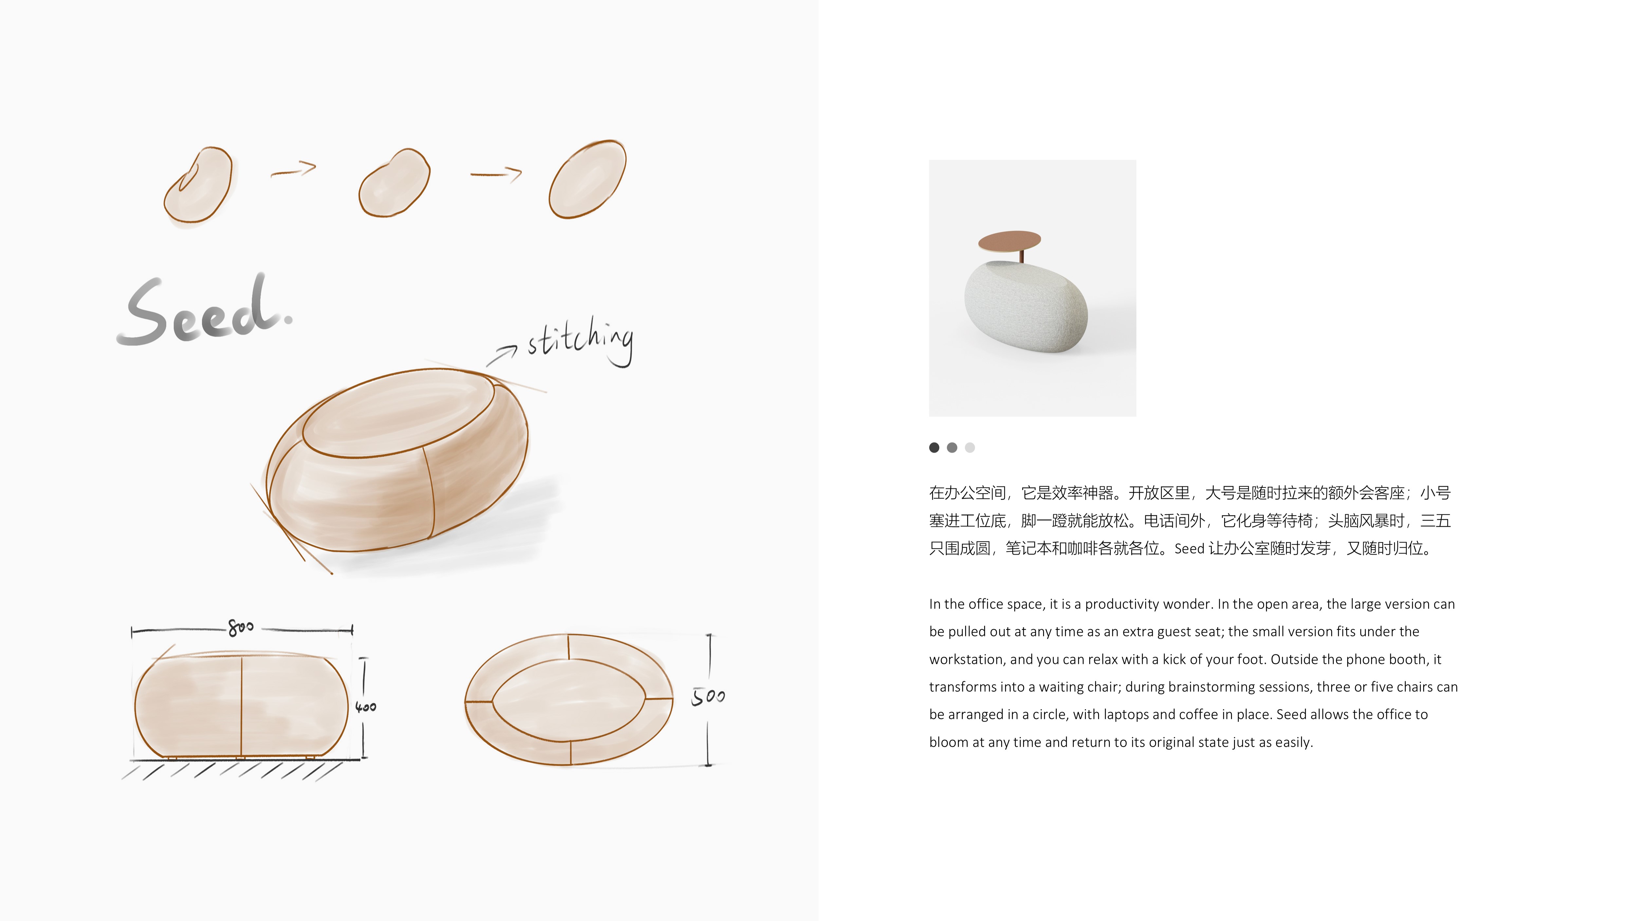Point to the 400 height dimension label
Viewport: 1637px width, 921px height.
point(365,707)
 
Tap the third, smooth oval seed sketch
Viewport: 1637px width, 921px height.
point(587,179)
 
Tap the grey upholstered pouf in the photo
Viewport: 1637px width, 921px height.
point(1025,306)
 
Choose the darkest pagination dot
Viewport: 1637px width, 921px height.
point(934,447)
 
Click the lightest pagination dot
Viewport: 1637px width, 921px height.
point(970,447)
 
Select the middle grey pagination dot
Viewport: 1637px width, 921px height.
point(952,447)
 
